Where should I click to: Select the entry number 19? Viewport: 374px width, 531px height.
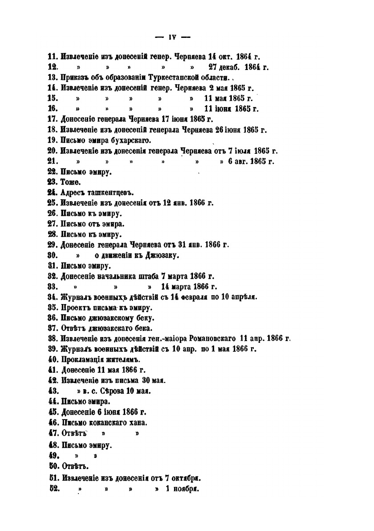53,140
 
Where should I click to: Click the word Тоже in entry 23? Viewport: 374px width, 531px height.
71,182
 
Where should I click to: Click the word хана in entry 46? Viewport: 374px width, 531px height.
138,422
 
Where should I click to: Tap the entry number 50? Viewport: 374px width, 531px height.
53,467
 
